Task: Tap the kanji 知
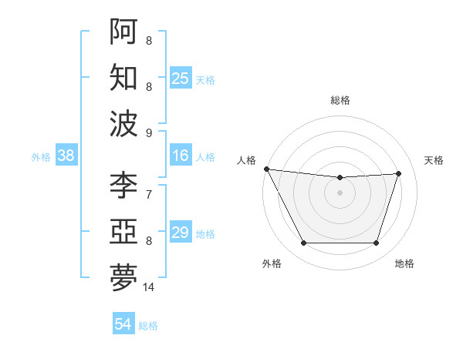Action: coord(123,77)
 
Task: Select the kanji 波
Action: coord(123,122)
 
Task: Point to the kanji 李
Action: coord(123,185)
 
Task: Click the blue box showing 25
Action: coord(181,78)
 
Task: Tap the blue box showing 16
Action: coord(181,156)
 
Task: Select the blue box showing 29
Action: coord(181,233)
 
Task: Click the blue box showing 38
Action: coord(66,156)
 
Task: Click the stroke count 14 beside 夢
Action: coord(149,287)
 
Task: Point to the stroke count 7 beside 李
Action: coord(149,195)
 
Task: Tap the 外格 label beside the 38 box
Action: coord(41,157)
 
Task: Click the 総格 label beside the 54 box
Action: coord(148,326)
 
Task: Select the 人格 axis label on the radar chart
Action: coord(248,160)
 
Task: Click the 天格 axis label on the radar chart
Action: coord(434,160)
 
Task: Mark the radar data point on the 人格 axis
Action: coord(266,169)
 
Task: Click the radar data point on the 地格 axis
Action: coord(377,243)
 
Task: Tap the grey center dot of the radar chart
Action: coord(340,193)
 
